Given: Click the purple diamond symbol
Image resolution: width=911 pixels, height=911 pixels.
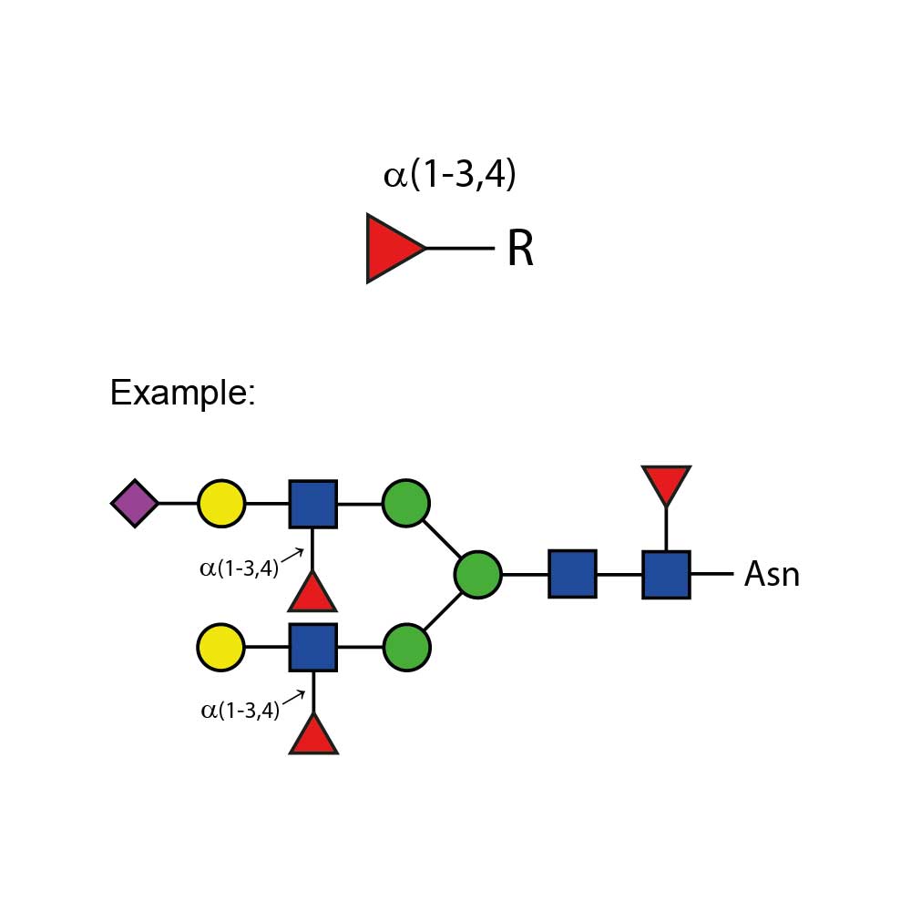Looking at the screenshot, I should (135, 503).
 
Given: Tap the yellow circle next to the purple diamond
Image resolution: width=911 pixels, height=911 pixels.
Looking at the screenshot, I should (221, 503).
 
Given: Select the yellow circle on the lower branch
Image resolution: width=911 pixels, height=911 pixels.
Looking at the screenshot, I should (220, 648).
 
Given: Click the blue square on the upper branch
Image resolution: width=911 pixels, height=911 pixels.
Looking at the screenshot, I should (313, 504).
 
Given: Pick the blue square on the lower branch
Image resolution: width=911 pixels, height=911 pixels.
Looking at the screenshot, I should (313, 648).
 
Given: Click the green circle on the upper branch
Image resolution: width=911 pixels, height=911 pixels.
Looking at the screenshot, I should (406, 503).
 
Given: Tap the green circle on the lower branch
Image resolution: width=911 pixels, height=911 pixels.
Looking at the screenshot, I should (406, 648).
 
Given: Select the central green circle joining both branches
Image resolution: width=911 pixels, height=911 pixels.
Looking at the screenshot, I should (477, 575).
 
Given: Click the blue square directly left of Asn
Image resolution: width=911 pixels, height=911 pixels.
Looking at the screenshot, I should (666, 575).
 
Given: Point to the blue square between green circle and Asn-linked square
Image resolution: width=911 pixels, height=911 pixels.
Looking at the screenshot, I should (572, 574).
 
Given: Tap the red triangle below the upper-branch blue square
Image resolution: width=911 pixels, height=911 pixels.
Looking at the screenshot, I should (313, 594).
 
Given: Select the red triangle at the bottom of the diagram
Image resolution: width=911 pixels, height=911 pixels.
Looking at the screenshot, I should (313, 736).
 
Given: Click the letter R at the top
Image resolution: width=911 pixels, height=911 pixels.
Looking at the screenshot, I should (520, 250).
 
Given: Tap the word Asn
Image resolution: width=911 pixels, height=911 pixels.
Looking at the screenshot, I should (772, 575).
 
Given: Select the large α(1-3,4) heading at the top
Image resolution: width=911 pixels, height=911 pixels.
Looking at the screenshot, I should (450, 174).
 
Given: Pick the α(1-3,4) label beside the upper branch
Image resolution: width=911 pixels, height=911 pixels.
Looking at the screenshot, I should (240, 570).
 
